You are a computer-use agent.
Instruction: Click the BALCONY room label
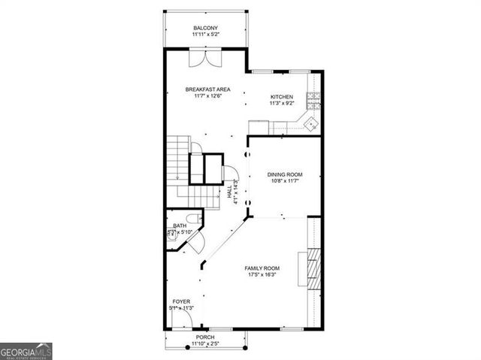205,28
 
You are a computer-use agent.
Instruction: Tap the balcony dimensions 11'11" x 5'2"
205,35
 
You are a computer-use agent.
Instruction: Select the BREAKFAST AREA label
208,89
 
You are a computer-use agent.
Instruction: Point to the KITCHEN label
282,97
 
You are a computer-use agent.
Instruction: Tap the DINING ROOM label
285,174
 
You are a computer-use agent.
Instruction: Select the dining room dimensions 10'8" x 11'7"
285,181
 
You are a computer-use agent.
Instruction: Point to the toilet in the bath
192,218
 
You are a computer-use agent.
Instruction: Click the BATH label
180,226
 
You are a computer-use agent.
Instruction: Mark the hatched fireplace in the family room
311,269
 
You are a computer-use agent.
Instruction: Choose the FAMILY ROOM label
262,268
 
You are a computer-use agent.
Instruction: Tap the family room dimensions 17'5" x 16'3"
262,275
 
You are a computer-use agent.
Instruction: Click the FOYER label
181,301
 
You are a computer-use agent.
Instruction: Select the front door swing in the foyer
180,321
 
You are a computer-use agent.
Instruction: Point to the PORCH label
205,337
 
